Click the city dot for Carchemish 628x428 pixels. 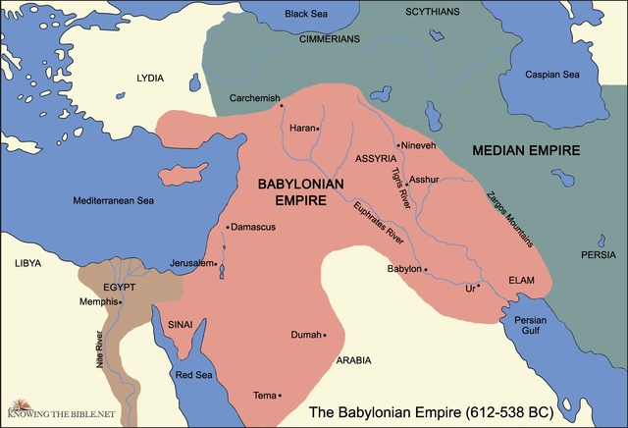(282, 106)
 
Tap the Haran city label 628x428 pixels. (301, 128)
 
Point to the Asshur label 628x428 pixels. (426, 180)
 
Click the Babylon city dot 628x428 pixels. (426, 269)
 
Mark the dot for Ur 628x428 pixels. (479, 287)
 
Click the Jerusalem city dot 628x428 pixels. (216, 263)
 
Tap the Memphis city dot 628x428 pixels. (120, 302)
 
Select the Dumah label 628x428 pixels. (306, 335)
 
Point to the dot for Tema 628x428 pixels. (280, 396)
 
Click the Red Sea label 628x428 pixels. (194, 375)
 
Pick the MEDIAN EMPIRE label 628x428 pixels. (526, 151)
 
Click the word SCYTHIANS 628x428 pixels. (435, 11)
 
